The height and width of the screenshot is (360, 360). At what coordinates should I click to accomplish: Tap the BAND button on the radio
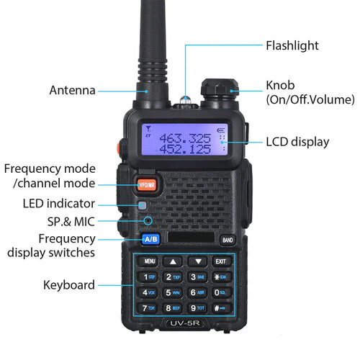tap(228, 240)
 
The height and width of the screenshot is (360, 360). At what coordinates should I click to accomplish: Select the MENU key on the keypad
tap(150, 261)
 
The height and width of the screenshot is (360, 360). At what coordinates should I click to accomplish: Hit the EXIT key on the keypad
tap(221, 261)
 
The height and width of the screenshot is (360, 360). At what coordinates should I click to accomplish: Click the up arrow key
tap(173, 261)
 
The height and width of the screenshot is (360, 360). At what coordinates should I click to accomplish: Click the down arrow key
tap(197, 261)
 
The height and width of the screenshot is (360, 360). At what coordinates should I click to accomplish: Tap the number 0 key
tap(220, 292)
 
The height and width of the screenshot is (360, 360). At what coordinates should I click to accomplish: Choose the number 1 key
tap(149, 276)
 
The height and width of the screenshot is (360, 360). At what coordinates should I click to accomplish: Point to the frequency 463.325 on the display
tap(185, 138)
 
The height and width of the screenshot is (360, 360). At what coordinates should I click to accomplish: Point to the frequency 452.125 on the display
tap(185, 149)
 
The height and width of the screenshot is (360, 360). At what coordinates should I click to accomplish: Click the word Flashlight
tap(292, 45)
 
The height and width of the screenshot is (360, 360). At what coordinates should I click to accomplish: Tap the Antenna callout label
tap(72, 91)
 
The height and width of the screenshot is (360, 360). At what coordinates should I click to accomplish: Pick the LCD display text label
tap(297, 142)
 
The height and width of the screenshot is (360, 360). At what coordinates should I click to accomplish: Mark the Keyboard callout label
tap(69, 285)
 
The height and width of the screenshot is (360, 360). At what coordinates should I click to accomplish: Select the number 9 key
tap(197, 308)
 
